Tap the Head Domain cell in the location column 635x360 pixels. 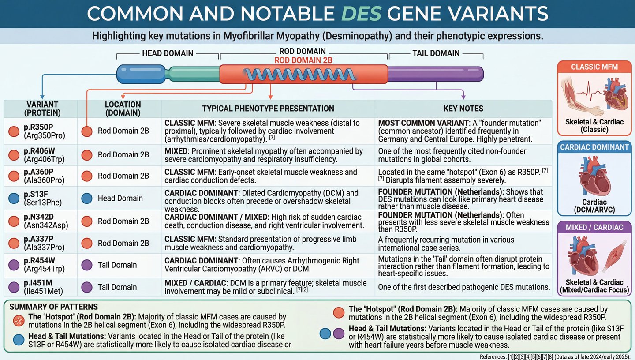tap(120, 199)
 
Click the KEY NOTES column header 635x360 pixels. tap(463, 109)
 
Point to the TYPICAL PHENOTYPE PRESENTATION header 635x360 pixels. tap(268, 109)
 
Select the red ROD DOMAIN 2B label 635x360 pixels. tap(303, 60)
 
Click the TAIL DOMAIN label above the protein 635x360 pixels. tap(436, 53)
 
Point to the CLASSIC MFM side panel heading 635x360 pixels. tap(594, 67)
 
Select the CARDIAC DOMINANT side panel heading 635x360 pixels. tap(594, 147)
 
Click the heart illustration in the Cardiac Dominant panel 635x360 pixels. tap(594, 176)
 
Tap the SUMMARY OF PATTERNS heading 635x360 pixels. tap(54, 307)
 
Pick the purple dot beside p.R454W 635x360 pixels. tap(14, 265)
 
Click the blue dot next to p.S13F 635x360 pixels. tap(14, 199)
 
